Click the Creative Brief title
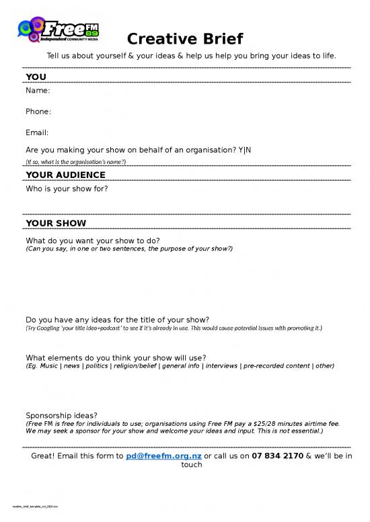pos(185,38)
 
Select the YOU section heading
pos(36,77)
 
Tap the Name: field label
pos(38,90)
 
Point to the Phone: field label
pos(38,111)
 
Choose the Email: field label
pos(37,132)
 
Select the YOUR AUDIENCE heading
pos(65,175)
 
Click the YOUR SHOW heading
pos(56,223)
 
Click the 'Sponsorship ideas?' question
pos(61,415)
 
